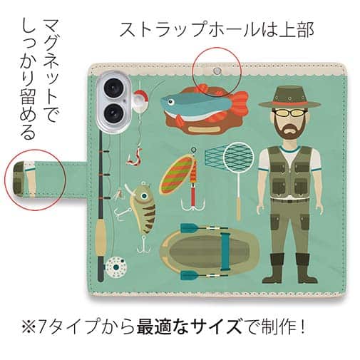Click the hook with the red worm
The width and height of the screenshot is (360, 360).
133,153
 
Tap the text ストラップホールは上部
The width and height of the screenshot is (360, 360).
216,30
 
